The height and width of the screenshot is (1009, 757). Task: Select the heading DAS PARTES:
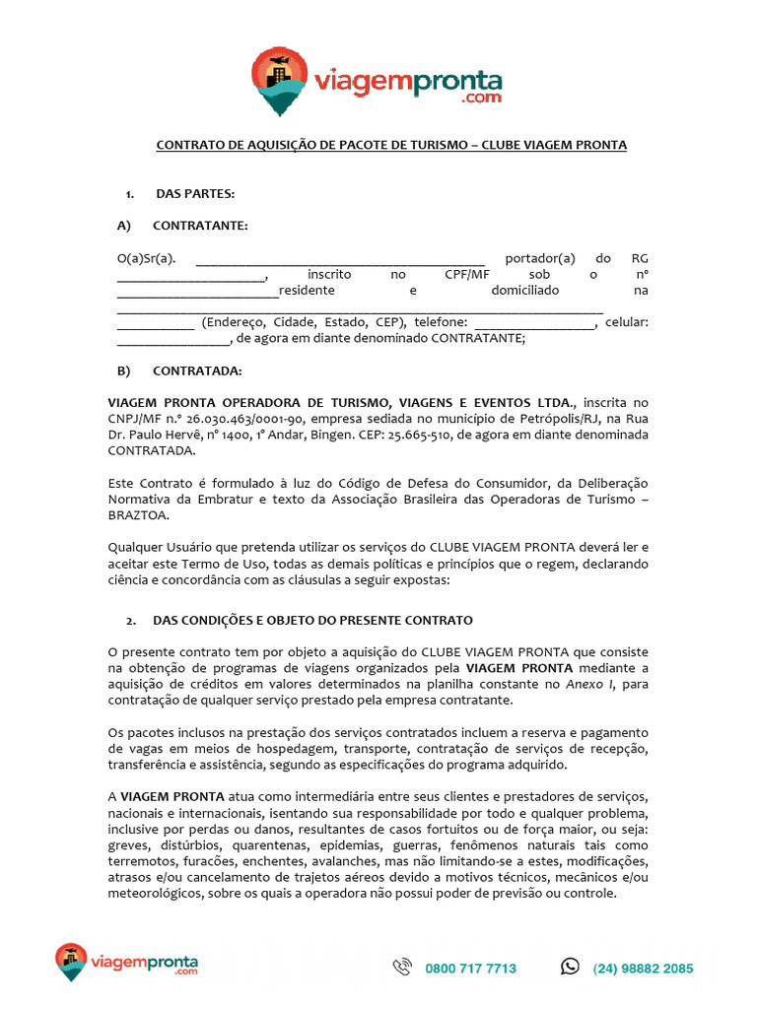(x=194, y=193)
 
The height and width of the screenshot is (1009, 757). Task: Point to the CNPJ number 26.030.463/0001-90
(x=240, y=419)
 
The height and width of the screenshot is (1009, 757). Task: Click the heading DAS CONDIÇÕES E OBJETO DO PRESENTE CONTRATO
(x=312, y=621)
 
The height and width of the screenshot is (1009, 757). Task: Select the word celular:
(x=626, y=322)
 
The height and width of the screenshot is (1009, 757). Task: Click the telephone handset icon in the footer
(x=402, y=968)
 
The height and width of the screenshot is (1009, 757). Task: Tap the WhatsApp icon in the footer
(x=570, y=967)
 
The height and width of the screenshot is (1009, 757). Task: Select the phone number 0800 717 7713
(x=471, y=969)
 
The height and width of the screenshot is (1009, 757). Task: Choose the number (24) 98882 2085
(x=643, y=969)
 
